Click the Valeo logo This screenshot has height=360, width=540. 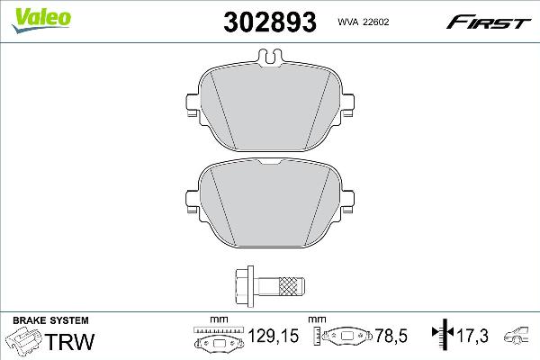coord(41,20)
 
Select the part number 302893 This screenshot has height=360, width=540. coord(270,22)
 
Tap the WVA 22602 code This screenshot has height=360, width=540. coord(364,22)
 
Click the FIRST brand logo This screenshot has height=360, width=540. coord(489,22)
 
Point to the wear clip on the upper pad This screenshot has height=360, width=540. coord(270,57)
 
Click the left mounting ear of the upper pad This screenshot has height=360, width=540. coord(193,105)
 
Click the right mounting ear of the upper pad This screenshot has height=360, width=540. coord(347,105)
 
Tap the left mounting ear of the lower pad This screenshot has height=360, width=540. coord(193,202)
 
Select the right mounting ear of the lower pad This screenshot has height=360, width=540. coord(347,202)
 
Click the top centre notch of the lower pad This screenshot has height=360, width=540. coord(270,161)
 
